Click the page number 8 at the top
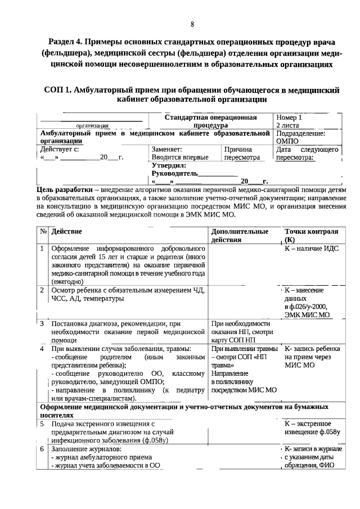click(192, 24)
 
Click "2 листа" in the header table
click(287, 125)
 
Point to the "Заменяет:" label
click(166, 150)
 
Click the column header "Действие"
click(66, 231)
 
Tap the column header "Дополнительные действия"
click(239, 235)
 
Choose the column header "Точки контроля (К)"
click(310, 235)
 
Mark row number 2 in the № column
click(42, 290)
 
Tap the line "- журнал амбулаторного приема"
click(101, 457)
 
